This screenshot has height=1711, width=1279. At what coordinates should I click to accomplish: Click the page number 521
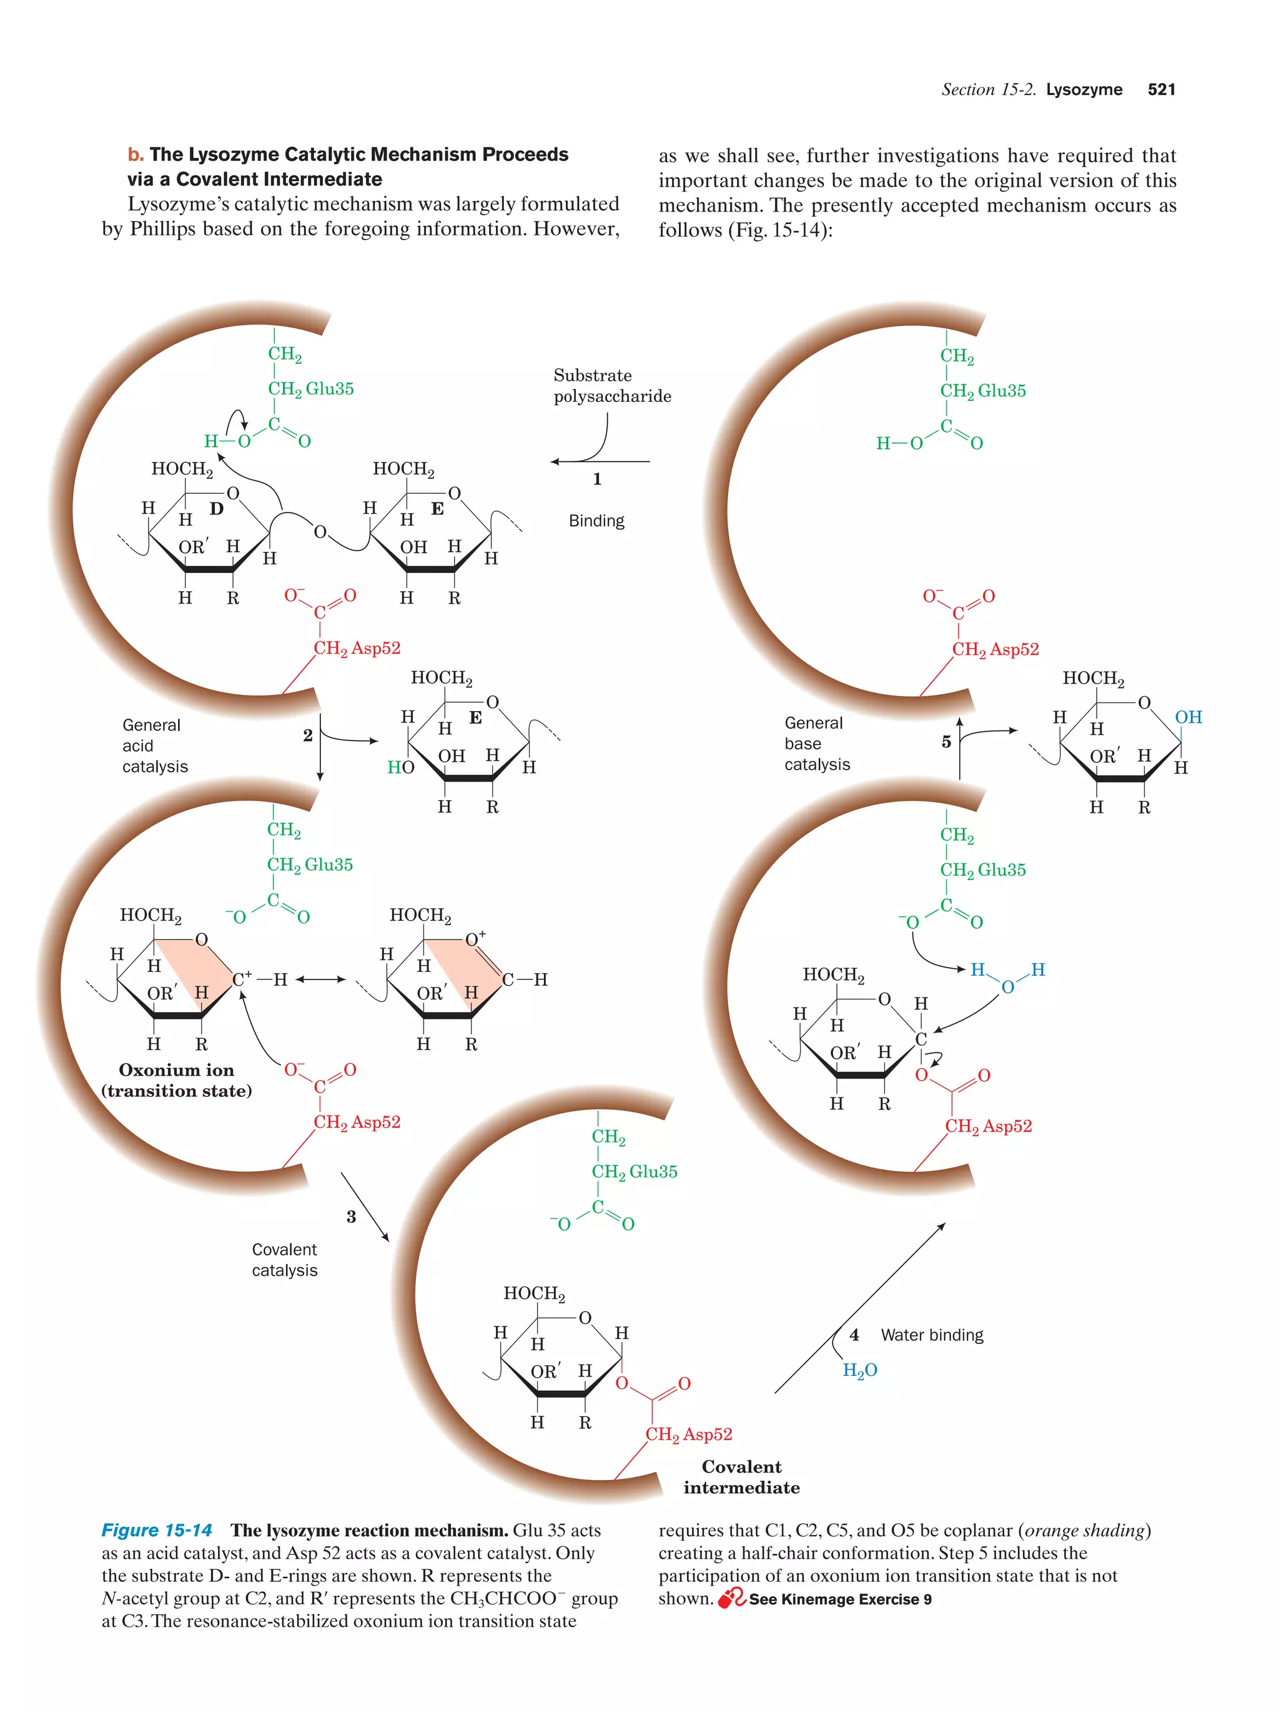tap(1160, 89)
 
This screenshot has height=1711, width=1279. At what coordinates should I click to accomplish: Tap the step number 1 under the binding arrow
tap(596, 479)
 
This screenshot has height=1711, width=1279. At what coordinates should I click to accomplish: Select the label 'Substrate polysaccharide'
tap(611, 385)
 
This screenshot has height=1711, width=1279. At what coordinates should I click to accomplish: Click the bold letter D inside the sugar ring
tap(216, 508)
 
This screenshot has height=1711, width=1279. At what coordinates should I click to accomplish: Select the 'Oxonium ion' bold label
tap(175, 1070)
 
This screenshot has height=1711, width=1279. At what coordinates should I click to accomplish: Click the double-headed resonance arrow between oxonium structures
tap(320, 979)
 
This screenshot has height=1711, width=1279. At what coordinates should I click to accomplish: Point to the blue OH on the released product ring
tap(1188, 717)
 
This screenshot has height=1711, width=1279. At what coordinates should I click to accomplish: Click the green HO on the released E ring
tap(400, 767)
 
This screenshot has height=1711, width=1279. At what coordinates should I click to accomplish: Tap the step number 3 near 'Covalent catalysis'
tap(350, 1217)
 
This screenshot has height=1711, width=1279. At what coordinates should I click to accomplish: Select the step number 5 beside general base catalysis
tap(946, 742)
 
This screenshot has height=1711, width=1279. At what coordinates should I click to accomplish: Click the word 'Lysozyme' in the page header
tap(1084, 89)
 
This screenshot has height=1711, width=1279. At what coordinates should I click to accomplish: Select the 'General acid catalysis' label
tap(155, 746)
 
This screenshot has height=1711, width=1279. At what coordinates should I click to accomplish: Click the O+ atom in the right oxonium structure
tap(474, 938)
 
